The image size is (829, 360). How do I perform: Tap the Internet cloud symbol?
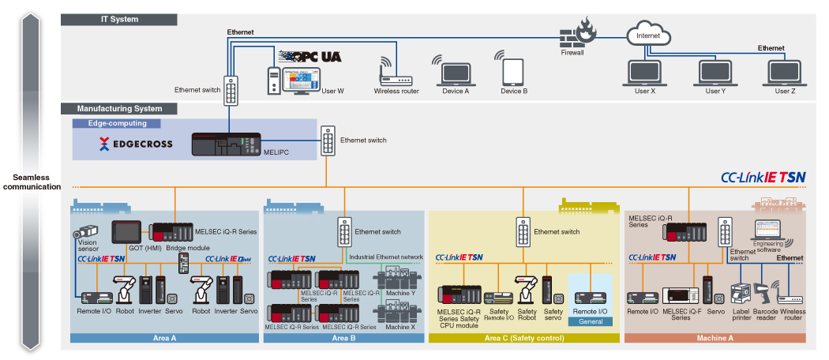coord(647,35)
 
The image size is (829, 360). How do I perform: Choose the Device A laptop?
coord(456,73)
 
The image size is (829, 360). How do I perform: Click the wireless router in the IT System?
coord(392,73)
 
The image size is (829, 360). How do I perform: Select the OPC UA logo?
coord(309,58)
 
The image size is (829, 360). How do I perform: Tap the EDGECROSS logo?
coord(135,144)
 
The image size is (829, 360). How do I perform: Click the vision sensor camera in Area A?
coord(85,234)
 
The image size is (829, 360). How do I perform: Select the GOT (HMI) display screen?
coord(126,232)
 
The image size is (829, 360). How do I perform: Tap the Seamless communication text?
coord(31,182)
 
